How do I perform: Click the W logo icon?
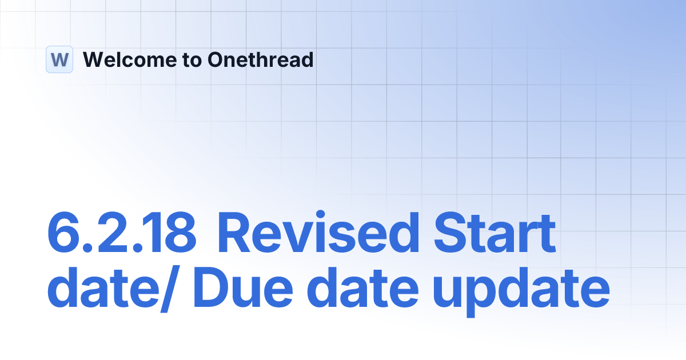pyautogui.click(x=59, y=59)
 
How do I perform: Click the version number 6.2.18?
pyautogui.click(x=121, y=234)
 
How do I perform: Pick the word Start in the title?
pyautogui.click(x=495, y=234)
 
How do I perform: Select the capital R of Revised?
pyautogui.click(x=234, y=234)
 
